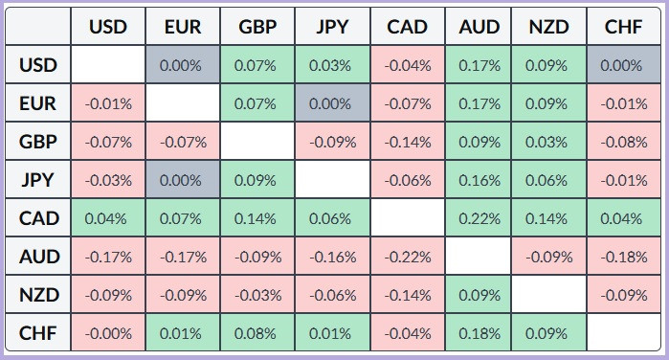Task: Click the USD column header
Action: (x=108, y=27)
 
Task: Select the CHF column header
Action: (x=623, y=27)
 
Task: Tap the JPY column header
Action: (x=332, y=27)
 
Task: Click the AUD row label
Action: (x=38, y=257)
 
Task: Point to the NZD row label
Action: (x=38, y=295)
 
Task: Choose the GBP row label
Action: (x=38, y=142)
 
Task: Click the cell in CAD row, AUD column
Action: (x=479, y=218)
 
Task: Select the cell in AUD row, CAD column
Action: (x=408, y=257)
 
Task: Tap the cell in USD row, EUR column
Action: (x=183, y=65)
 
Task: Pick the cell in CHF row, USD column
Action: (x=108, y=333)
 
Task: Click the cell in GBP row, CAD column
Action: (x=408, y=142)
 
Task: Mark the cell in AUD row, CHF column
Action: (x=624, y=257)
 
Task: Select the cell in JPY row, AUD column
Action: (x=479, y=180)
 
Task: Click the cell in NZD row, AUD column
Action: (x=479, y=295)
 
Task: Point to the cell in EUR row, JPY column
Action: (x=332, y=103)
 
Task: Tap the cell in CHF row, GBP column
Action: (x=257, y=333)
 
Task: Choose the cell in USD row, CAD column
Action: (x=408, y=65)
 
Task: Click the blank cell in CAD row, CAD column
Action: (x=408, y=218)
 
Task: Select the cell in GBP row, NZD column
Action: (x=549, y=142)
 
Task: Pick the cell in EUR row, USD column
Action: (x=108, y=103)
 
